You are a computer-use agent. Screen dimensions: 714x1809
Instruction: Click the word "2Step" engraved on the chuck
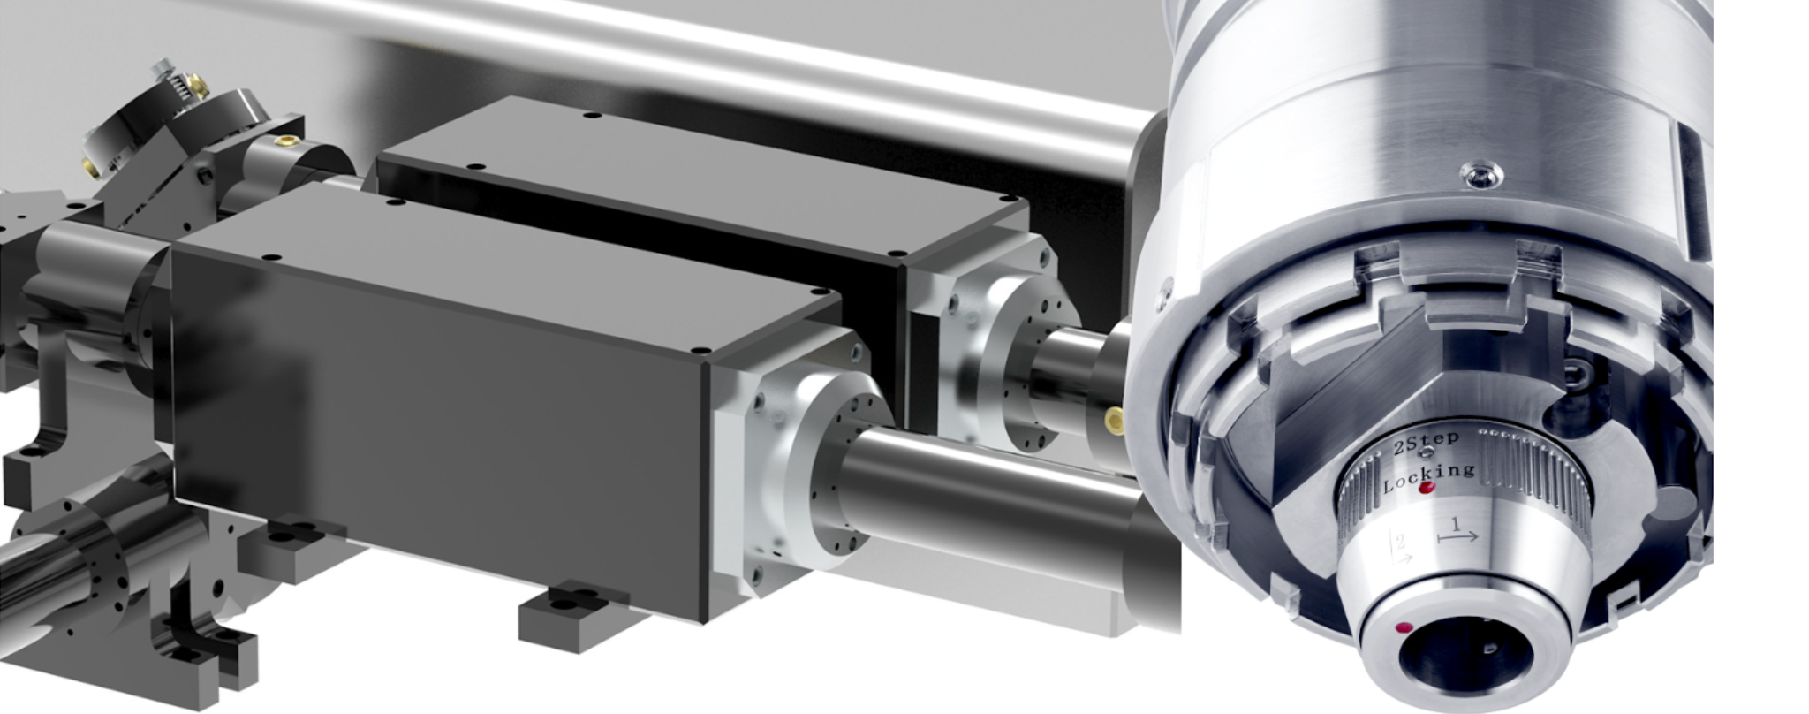tap(1426, 442)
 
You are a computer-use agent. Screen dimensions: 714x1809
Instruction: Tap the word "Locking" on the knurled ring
tap(1428, 476)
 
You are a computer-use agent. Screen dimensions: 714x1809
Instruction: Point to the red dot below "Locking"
tap(1426, 488)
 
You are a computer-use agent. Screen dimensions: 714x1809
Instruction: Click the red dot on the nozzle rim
tap(1404, 628)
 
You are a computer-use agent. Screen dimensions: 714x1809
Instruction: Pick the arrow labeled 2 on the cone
tap(1401, 548)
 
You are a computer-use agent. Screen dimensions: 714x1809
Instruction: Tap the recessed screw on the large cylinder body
tap(1479, 175)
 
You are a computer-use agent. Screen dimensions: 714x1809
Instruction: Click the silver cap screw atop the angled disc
tap(163, 66)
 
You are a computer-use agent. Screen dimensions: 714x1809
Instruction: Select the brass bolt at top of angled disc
tap(199, 86)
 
